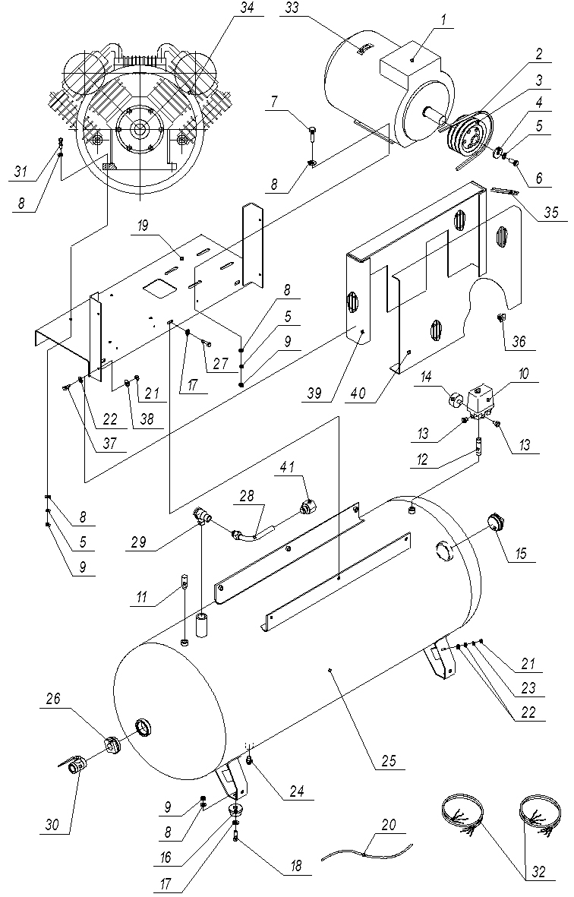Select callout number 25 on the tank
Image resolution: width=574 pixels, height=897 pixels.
[386, 761]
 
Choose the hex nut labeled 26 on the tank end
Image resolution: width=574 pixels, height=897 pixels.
[111, 744]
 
